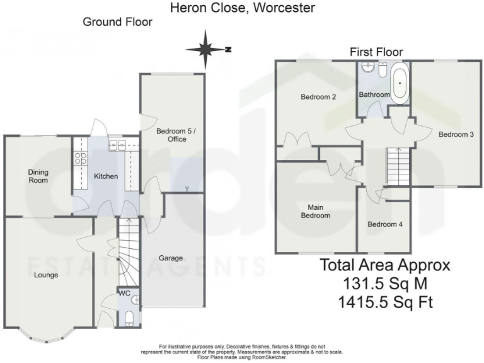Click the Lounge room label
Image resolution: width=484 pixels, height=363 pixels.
(46, 275)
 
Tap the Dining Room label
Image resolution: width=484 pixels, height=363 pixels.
(38, 176)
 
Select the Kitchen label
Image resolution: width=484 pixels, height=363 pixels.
(106, 176)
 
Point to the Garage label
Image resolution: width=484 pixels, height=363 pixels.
(170, 258)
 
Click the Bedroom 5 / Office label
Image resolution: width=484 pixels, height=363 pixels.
(171, 135)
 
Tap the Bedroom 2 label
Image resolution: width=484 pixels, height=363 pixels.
(318, 97)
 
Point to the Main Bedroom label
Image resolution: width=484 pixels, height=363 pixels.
(318, 211)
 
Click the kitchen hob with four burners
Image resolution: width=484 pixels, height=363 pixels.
(81, 158)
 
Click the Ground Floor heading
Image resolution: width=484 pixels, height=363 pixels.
(117, 22)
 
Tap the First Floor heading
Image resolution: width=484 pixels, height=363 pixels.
(376, 52)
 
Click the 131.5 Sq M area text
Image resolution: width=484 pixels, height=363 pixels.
(385, 284)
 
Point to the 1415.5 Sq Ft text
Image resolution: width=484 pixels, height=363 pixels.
(385, 302)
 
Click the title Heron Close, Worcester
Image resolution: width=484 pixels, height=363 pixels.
(243, 8)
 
